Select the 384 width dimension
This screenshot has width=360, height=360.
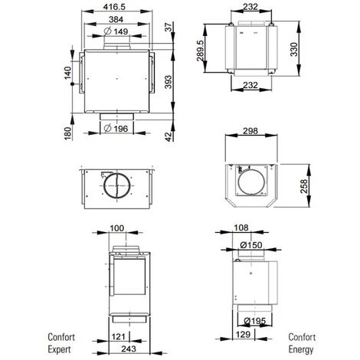[x=117, y=18]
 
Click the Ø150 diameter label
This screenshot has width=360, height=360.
[x=250, y=244]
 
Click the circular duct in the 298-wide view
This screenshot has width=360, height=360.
[x=250, y=184]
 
